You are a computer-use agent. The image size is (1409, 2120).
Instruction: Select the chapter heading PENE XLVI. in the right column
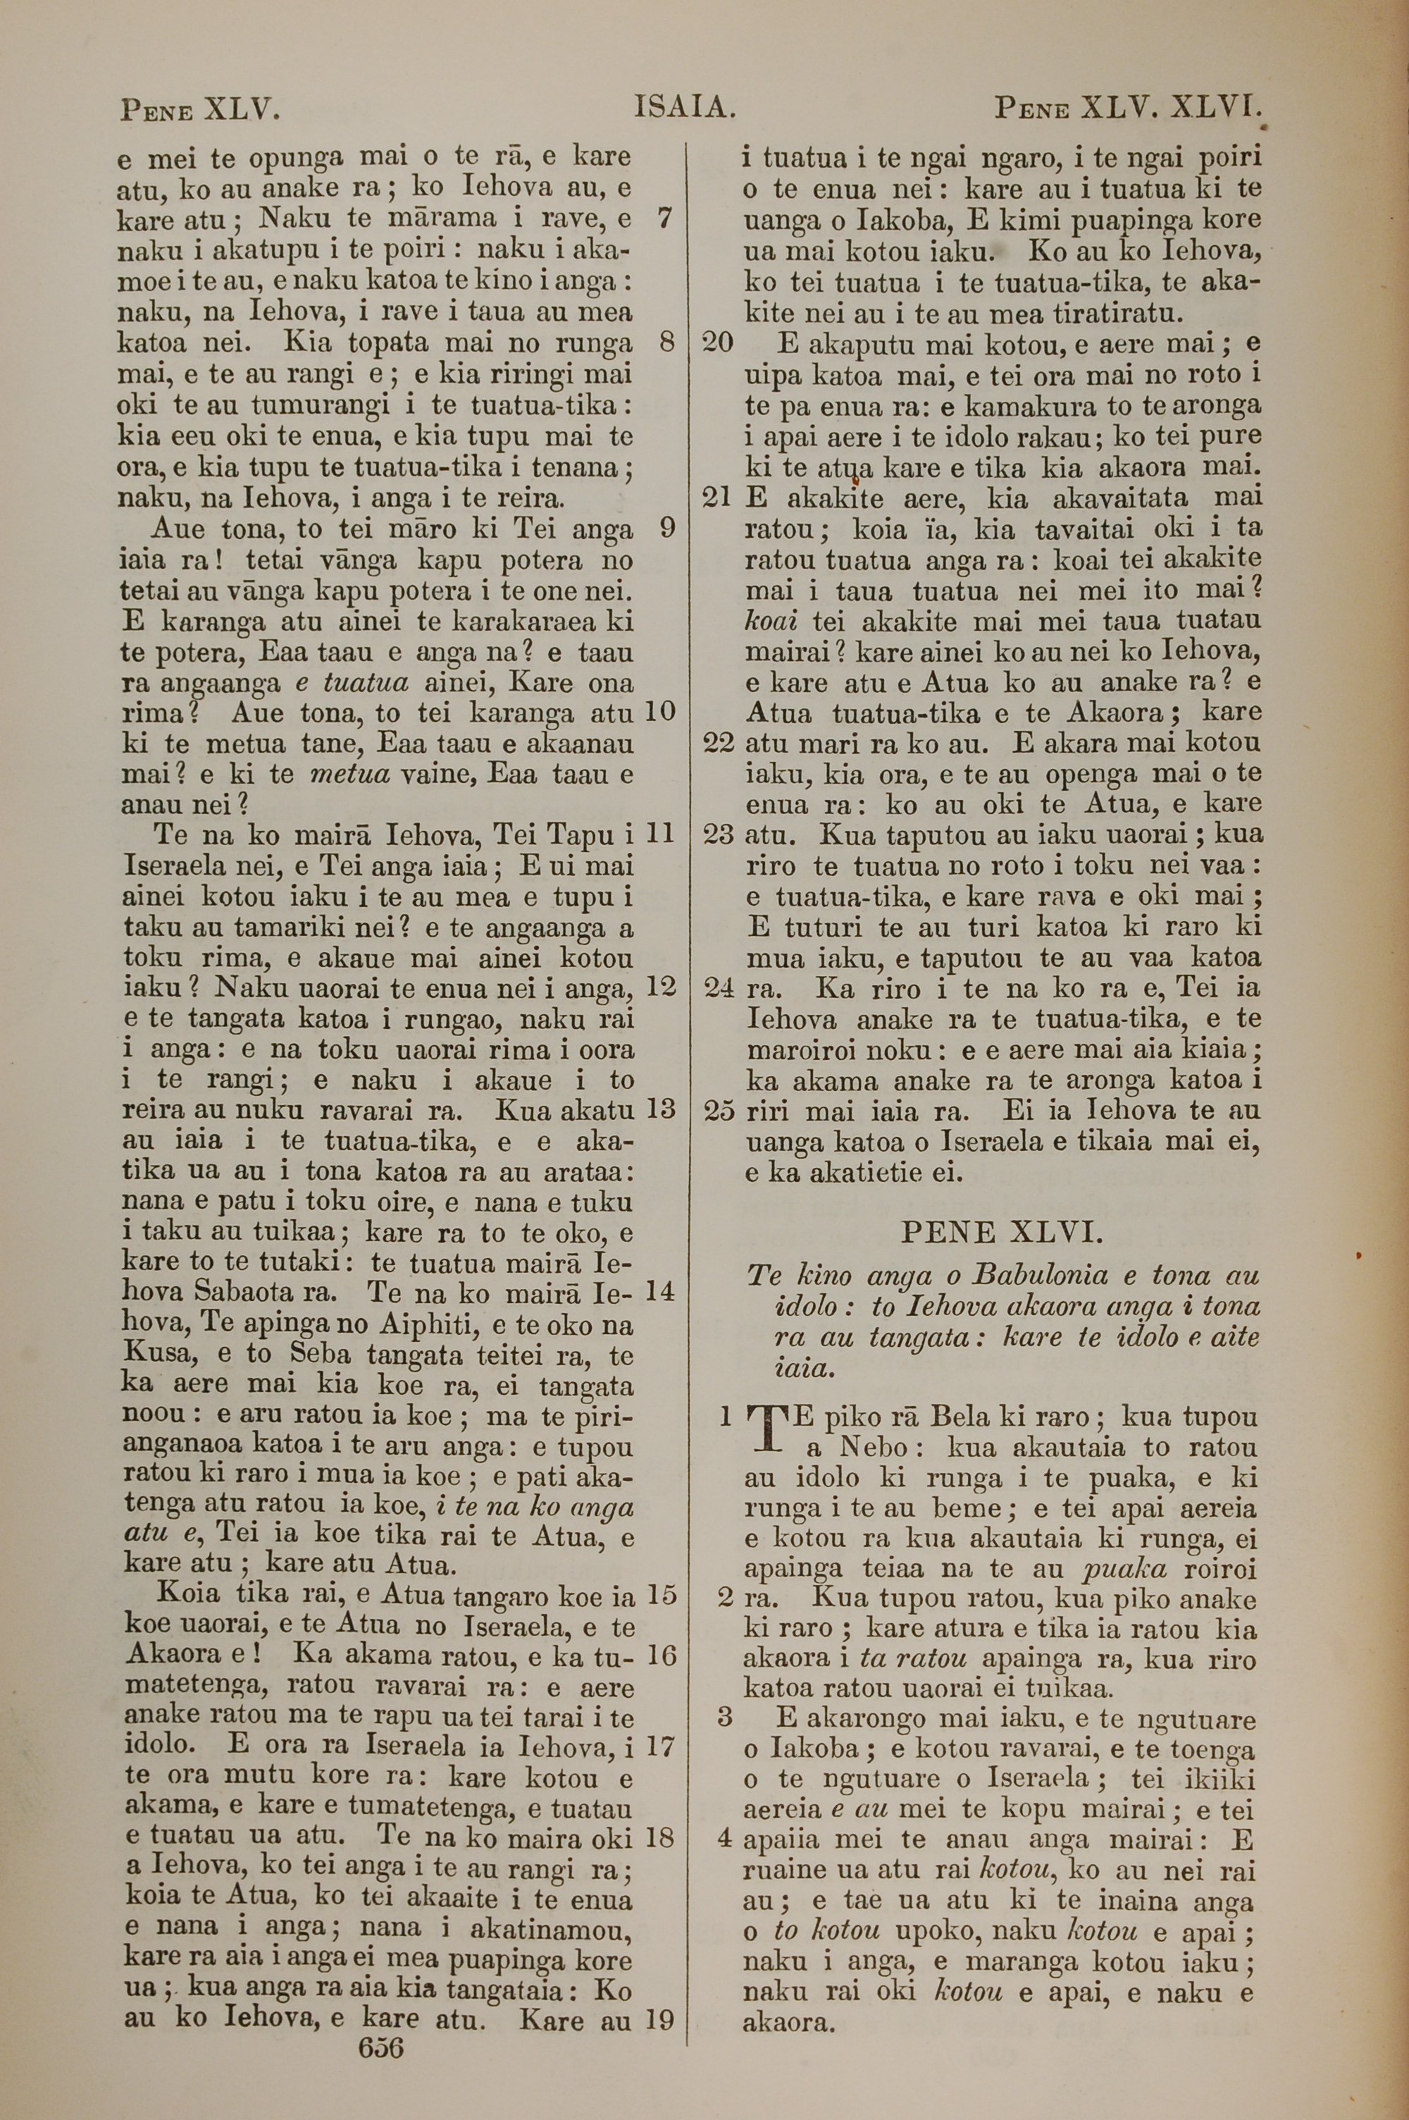point(1001,1231)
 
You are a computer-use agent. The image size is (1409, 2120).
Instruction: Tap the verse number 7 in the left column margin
point(665,218)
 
